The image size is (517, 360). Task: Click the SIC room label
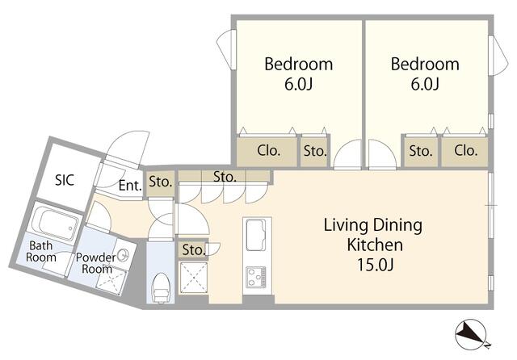65,180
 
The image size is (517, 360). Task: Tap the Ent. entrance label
130,186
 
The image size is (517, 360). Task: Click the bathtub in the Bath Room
58,223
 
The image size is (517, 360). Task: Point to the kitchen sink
255,235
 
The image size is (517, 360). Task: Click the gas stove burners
256,277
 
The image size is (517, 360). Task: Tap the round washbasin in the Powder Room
124,255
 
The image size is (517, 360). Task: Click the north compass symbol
470,333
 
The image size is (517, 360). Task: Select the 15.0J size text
375,265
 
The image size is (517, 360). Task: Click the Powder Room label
96,263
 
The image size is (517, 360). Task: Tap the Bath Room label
41,251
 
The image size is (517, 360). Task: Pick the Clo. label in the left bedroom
268,151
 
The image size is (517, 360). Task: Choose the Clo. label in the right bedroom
465,150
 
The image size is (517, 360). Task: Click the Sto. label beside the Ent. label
161,182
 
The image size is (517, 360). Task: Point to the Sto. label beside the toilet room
194,250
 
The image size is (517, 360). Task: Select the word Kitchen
375,245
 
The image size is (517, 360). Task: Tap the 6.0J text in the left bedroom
298,84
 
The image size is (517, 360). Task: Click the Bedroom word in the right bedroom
425,64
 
